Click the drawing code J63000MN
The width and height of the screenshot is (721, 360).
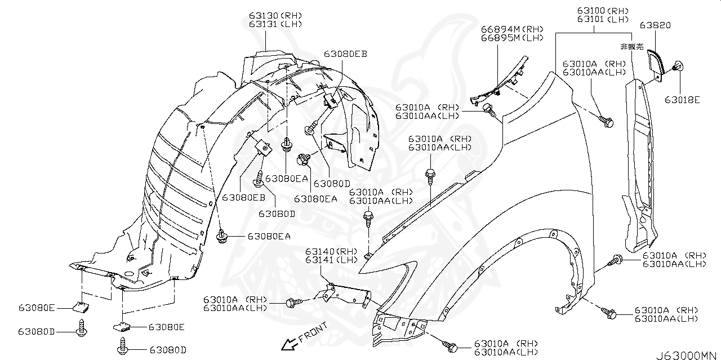click(x=687, y=355)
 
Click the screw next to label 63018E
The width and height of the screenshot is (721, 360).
click(x=678, y=67)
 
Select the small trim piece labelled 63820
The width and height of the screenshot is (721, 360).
click(x=656, y=62)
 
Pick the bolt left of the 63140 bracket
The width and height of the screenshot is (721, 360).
click(x=292, y=303)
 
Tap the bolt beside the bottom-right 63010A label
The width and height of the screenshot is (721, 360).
click(x=610, y=313)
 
